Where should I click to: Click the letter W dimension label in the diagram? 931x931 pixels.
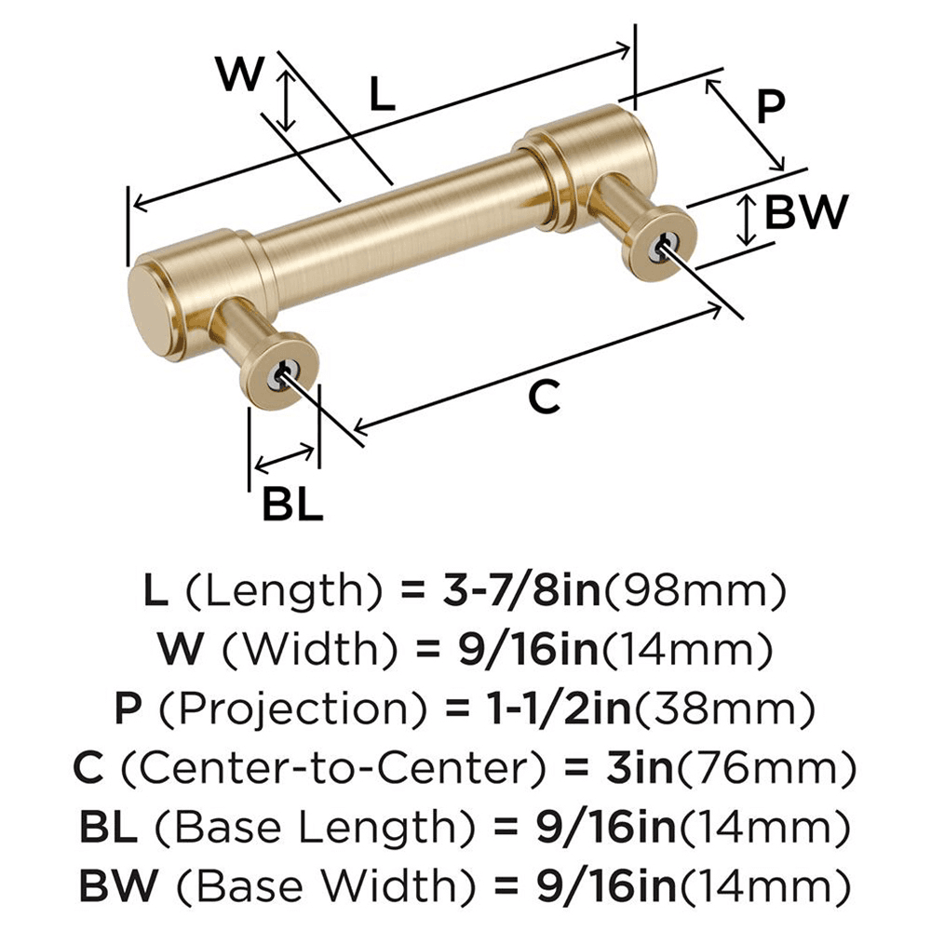(239, 74)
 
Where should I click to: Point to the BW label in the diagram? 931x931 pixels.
(805, 212)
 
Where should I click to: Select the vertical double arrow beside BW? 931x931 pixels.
(746, 220)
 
